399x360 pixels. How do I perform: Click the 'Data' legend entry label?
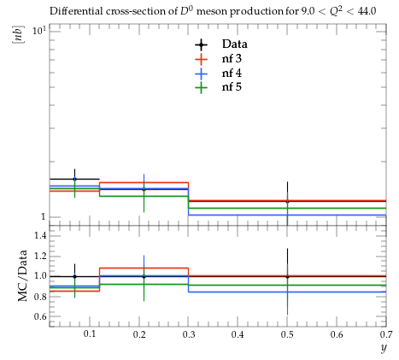pos(235,44)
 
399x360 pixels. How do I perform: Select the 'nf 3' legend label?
pos(232,58)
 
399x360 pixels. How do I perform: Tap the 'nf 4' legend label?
pos(232,74)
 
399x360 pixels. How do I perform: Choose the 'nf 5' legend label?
pos(232,86)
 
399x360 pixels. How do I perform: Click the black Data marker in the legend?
pos(202,44)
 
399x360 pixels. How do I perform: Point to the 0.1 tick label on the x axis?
pos(90,334)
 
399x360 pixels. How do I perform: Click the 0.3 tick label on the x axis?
pos(189,334)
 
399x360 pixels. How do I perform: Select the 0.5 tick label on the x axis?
pos(287,334)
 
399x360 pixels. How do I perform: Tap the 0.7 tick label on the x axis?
pos(385,334)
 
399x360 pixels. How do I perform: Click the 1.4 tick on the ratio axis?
pos(40,235)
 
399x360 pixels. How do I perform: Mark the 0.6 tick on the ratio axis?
pos(40,316)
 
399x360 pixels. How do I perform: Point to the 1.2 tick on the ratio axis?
pos(40,256)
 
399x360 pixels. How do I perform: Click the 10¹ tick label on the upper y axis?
pos(39,30)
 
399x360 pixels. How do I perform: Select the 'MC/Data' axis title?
pos(22,276)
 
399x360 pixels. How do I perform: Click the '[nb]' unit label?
pos(18,35)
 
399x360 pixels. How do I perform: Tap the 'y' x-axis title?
pos(384,348)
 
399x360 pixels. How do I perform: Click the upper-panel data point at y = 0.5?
pos(287,201)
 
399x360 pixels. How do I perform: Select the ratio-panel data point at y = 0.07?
pos(74,276)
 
